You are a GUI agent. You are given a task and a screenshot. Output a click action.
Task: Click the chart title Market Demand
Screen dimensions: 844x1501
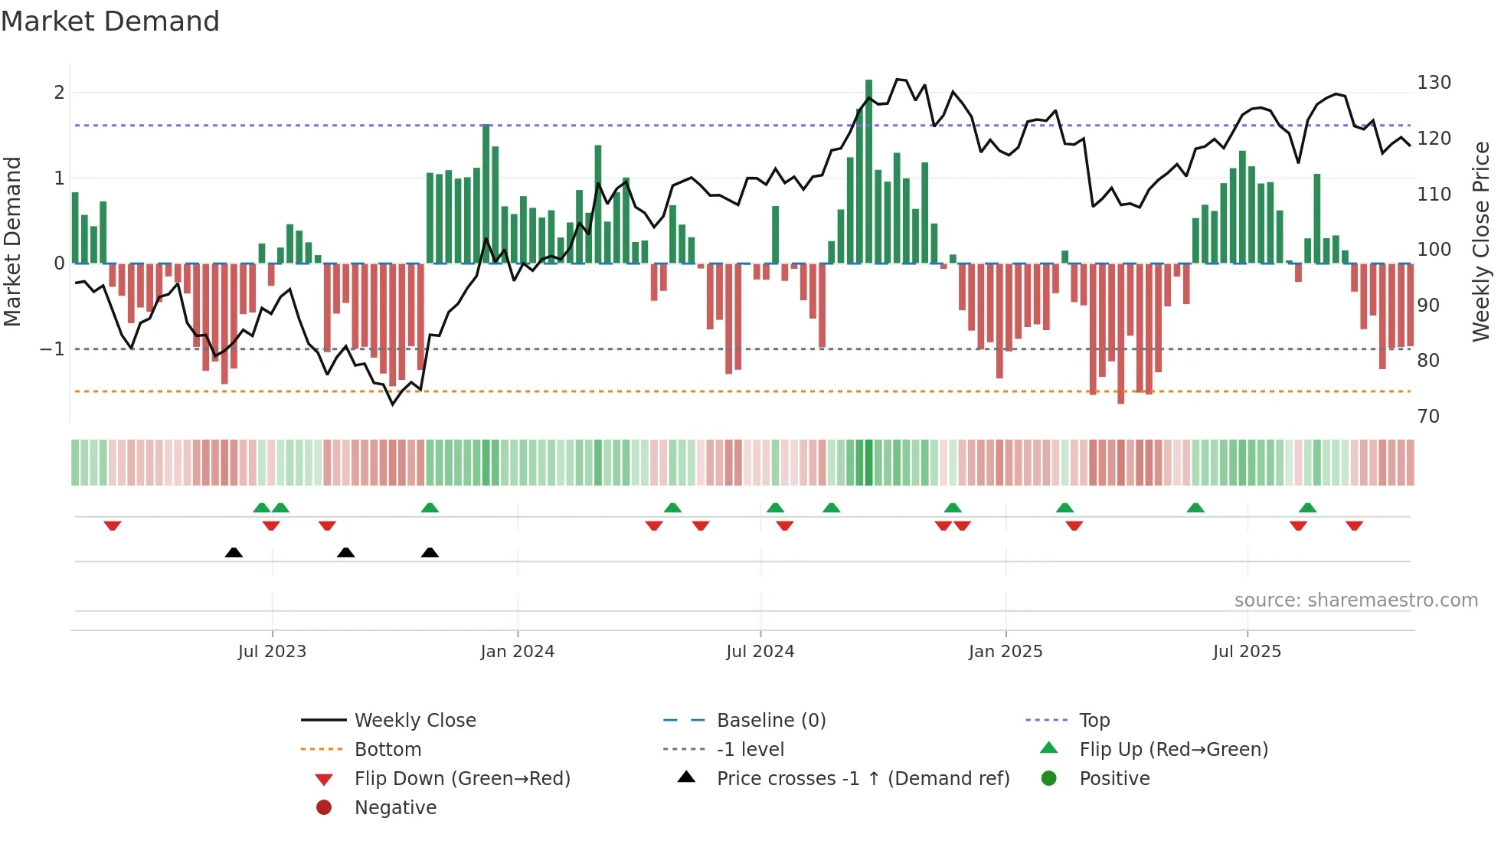110,21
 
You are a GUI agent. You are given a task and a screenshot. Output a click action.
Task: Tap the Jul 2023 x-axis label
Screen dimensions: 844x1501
272,652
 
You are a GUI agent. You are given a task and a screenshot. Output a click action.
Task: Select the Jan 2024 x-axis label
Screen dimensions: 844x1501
517,652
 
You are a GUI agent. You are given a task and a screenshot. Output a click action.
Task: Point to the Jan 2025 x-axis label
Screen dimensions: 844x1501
1005,652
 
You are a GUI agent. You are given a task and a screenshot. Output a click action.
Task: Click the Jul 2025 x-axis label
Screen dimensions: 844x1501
1247,652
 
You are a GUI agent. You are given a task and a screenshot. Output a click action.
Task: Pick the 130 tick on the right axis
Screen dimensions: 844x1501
1434,83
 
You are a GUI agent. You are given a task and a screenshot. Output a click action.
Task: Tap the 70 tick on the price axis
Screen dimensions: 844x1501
1428,417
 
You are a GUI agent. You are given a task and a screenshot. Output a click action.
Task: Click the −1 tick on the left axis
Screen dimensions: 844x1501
53,349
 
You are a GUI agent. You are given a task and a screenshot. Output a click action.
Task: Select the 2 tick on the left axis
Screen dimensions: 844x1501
59,93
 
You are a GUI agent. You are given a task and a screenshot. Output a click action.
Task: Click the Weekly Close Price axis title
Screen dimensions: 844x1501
1481,241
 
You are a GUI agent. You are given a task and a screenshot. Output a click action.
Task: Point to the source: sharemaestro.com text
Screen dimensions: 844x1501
1355,600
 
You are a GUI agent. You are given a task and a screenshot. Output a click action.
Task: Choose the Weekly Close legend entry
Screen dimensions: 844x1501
414,721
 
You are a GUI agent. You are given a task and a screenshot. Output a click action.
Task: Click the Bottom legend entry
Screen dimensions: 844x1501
388,750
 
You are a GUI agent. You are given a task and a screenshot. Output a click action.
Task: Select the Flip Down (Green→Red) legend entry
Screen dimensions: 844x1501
462,779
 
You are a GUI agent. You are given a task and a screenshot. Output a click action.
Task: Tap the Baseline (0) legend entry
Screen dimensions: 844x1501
770,721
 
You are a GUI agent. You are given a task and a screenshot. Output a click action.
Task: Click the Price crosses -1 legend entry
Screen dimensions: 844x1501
862,779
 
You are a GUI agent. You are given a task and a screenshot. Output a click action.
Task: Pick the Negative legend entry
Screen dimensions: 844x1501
395,808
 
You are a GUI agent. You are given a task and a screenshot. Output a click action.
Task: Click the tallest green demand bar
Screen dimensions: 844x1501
868,172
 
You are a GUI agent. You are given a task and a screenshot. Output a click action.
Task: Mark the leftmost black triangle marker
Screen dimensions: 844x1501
234,552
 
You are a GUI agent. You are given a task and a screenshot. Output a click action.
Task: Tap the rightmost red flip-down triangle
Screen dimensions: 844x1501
1354,525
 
